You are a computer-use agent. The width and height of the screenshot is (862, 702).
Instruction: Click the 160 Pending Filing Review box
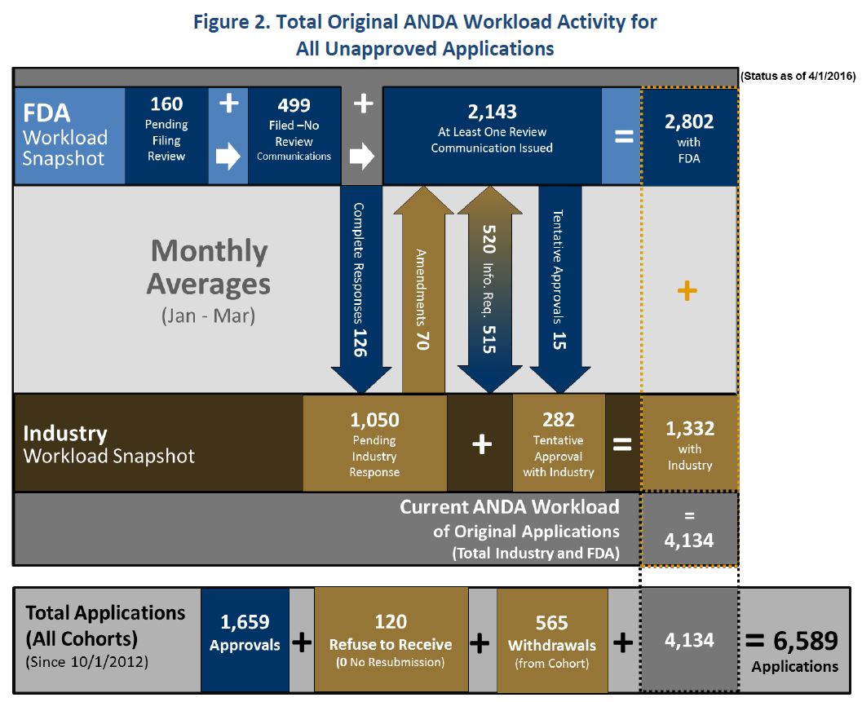coord(166,135)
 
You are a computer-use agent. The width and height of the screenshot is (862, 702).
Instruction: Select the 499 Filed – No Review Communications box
coord(294,135)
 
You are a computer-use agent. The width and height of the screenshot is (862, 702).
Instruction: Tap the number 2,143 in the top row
coord(492,112)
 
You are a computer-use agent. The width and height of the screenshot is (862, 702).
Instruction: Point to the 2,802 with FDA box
coord(689,136)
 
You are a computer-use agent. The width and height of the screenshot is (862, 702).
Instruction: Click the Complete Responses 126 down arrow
coord(360,289)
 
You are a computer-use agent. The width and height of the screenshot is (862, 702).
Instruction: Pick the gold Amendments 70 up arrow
coord(423,289)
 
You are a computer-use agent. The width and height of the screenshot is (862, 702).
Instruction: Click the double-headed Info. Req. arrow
coord(490,289)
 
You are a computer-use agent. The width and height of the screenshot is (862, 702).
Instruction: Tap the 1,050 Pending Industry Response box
coord(375,443)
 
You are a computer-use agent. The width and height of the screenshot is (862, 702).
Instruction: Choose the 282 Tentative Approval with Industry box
coord(559,443)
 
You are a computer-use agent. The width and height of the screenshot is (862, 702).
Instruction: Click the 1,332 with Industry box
coord(689,443)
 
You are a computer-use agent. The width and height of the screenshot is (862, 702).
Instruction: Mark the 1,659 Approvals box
coord(245,640)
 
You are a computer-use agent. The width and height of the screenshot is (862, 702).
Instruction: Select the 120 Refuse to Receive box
coord(391,640)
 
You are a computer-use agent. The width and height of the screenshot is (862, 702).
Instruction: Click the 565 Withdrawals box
coord(552,640)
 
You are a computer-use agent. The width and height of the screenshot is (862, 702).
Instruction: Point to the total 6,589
coord(806,640)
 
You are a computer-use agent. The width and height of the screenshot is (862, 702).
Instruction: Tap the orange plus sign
coord(687,290)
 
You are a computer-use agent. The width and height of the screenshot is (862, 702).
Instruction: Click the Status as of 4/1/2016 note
coord(798,76)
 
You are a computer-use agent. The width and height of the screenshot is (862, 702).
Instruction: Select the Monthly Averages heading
coord(209,267)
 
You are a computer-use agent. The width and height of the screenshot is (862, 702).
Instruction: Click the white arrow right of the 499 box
coord(362,156)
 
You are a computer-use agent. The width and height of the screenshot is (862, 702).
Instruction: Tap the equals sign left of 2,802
coord(624,136)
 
